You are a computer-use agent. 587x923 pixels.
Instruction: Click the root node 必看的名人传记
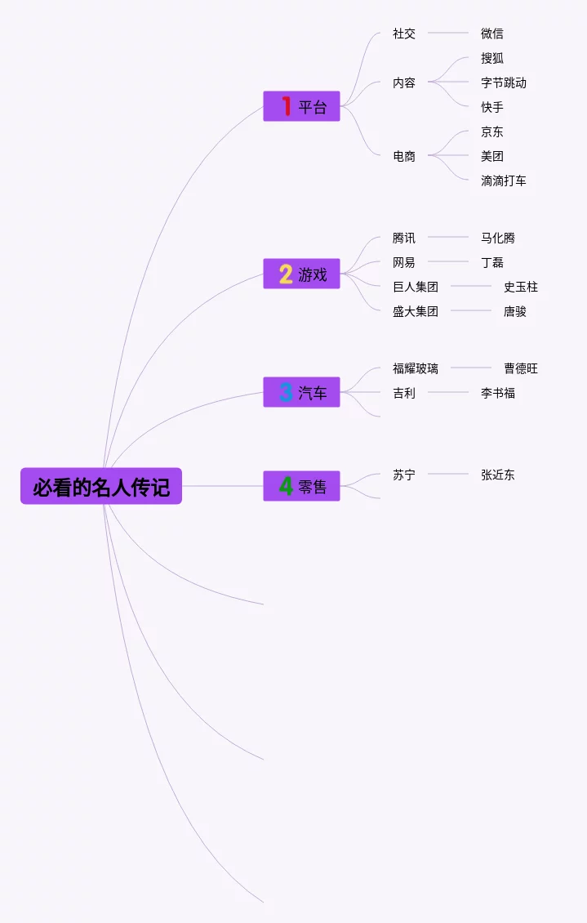pyautogui.click(x=101, y=487)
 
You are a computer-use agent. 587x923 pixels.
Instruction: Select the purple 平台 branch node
pyautogui.click(x=301, y=106)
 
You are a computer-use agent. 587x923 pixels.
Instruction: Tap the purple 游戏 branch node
pyautogui.click(x=301, y=274)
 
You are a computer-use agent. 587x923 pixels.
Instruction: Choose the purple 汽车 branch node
pyautogui.click(x=301, y=392)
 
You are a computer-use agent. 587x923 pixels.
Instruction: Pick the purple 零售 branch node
pyautogui.click(x=301, y=486)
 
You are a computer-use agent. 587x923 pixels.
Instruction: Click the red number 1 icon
pyautogui.click(x=286, y=106)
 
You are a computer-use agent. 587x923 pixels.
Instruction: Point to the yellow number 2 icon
pyautogui.click(x=286, y=274)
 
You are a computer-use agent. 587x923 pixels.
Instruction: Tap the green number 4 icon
pyautogui.click(x=286, y=486)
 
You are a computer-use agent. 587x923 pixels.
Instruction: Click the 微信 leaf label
pyautogui.click(x=492, y=33)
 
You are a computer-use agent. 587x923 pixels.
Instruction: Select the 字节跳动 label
pyautogui.click(x=504, y=82)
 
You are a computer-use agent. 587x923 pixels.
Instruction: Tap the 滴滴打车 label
pyautogui.click(x=504, y=181)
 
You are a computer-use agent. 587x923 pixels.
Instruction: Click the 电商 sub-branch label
pyautogui.click(x=404, y=156)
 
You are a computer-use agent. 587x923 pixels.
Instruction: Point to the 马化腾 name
pyautogui.click(x=498, y=238)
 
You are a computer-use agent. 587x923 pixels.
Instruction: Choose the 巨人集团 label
pyautogui.click(x=416, y=287)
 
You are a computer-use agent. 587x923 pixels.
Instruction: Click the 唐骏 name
pyautogui.click(x=515, y=311)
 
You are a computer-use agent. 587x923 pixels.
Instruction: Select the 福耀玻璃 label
pyautogui.click(x=416, y=368)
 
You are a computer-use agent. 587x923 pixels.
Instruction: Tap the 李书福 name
pyautogui.click(x=498, y=393)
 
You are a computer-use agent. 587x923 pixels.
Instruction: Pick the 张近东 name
pyautogui.click(x=498, y=475)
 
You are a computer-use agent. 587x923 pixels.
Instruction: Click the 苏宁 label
pyautogui.click(x=404, y=475)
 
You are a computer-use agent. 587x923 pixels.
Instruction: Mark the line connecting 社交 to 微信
pyautogui.click(x=448, y=33)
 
